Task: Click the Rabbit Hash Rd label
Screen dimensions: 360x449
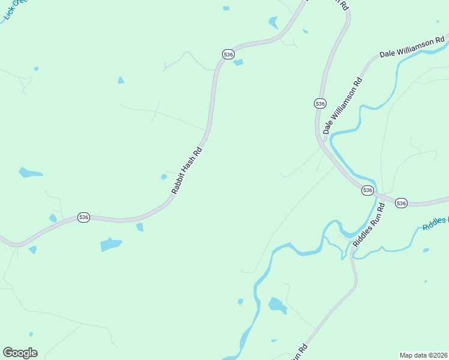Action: [186, 170]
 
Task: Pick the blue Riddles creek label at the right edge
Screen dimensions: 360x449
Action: [435, 224]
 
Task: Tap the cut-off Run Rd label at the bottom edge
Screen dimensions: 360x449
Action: [298, 352]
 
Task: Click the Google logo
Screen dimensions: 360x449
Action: [20, 353]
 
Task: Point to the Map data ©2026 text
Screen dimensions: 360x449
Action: [423, 355]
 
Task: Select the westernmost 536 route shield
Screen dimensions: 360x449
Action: [83, 217]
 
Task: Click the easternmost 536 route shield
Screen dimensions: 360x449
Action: [402, 203]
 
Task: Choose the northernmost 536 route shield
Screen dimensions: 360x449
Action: [228, 54]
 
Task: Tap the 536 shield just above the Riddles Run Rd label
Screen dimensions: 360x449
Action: [368, 190]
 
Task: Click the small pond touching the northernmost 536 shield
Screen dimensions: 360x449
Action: [238, 62]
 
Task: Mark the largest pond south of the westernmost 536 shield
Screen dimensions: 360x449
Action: [110, 245]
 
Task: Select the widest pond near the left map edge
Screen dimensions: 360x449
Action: [30, 173]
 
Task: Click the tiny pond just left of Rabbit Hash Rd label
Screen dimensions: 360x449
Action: [164, 176]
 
